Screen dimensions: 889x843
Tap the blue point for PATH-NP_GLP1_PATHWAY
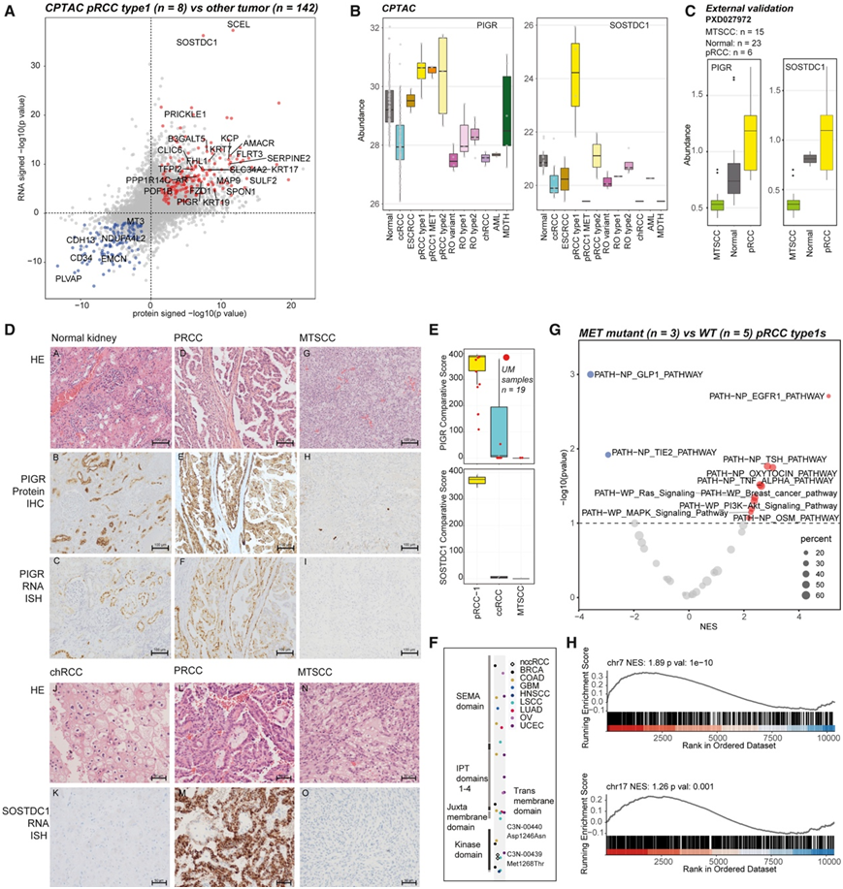point(588,374)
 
